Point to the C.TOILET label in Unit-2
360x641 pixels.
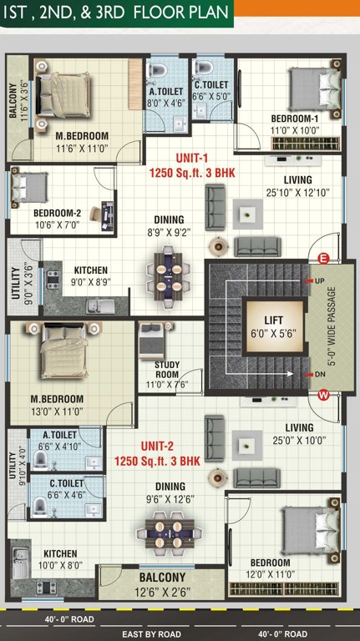[66, 487]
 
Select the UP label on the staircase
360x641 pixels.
[319, 281]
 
